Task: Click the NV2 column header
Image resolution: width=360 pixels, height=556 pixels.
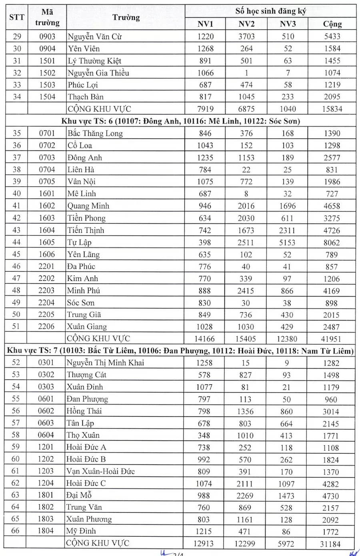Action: (246, 24)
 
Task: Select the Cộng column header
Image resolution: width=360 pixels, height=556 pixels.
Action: (332, 24)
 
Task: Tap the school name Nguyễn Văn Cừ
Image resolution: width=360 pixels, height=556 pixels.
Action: (95, 37)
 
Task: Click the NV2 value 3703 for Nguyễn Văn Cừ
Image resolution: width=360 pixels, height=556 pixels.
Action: (246, 37)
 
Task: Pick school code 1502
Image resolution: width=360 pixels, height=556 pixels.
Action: (47, 73)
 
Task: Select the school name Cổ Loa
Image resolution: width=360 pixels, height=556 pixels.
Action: (80, 145)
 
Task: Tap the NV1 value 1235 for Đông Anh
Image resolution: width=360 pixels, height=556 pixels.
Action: (205, 157)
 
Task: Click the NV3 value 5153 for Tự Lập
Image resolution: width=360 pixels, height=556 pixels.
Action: (288, 242)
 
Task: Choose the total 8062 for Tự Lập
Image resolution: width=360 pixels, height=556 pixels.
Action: (332, 242)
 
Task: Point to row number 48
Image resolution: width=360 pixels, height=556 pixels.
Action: (16, 291)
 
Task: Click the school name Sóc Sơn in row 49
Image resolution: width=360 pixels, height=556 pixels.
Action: (81, 303)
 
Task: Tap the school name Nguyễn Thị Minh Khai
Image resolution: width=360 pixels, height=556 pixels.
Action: (105, 363)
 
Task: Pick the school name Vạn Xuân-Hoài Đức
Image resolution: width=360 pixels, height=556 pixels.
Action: (100, 471)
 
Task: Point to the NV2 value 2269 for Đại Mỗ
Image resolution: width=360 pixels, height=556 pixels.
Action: (245, 496)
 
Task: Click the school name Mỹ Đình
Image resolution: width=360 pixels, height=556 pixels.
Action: (81, 531)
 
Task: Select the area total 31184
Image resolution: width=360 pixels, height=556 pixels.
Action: (331, 544)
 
